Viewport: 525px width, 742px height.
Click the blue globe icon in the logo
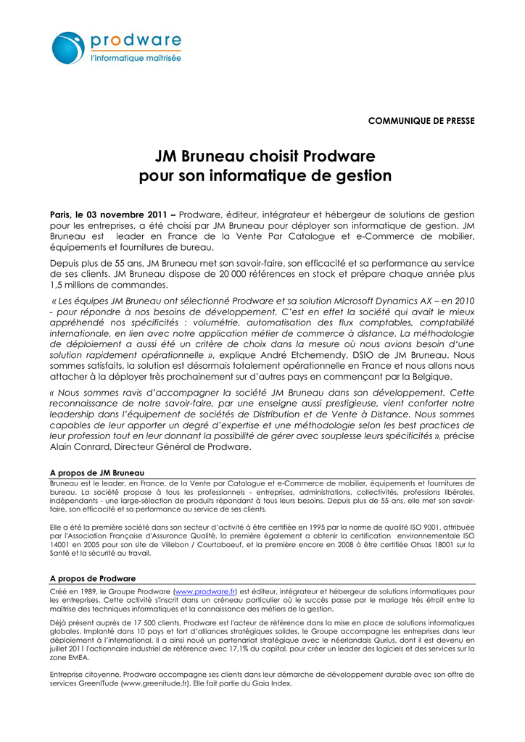coord(69,48)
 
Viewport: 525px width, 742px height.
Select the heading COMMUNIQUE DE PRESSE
coord(421,120)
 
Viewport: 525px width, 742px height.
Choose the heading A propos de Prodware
coord(92,578)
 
